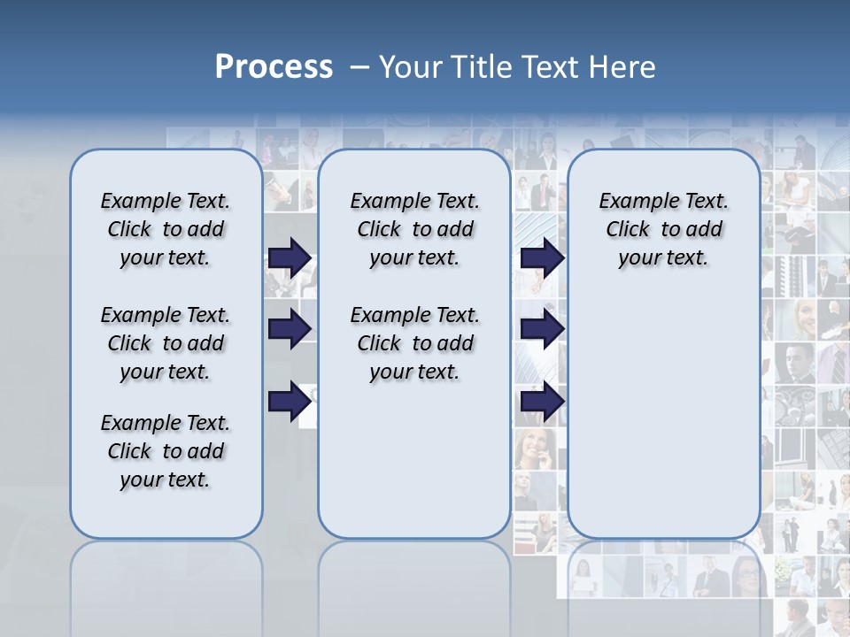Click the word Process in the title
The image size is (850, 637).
tap(274, 66)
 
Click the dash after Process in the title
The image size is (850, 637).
tap(359, 67)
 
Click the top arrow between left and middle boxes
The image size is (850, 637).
tap(290, 257)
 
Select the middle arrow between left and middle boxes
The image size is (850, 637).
tap(290, 329)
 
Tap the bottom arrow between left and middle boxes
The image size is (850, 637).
tap(290, 402)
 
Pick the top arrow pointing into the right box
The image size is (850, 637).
tap(542, 257)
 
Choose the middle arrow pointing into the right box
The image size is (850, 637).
tap(542, 329)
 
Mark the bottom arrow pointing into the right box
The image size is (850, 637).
tap(542, 402)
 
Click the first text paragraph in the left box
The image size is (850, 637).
tap(166, 229)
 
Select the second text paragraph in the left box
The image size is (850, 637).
tap(166, 343)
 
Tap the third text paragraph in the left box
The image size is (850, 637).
tap(166, 451)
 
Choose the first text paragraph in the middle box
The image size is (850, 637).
tap(414, 229)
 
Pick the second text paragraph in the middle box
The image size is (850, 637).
tap(414, 343)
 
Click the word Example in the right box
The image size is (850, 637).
tap(633, 201)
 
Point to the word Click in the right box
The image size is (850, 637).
tap(628, 229)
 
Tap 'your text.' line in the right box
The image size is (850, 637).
tap(663, 257)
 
